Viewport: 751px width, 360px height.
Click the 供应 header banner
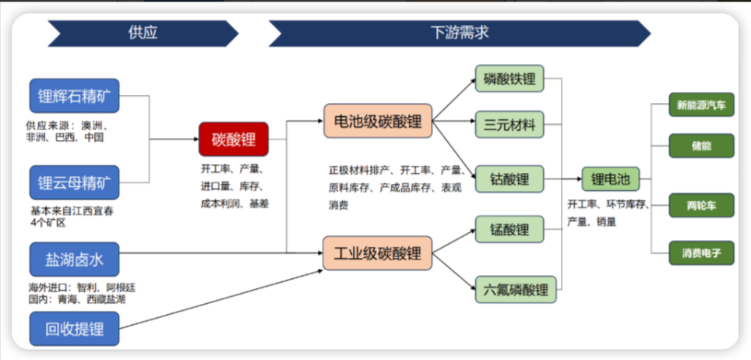tap(143, 33)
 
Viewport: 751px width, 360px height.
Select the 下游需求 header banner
tap(460, 33)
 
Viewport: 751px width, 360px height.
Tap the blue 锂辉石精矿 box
tap(75, 96)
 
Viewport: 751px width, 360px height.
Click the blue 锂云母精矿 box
tap(75, 183)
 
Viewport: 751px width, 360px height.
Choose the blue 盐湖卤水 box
tap(75, 259)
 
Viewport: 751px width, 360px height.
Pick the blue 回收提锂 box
tap(75, 328)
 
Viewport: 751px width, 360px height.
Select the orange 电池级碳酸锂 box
tap(377, 122)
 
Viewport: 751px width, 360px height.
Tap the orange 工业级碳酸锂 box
tap(377, 253)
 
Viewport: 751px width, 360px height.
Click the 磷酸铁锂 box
tap(509, 79)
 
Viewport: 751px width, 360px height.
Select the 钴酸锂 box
tap(509, 180)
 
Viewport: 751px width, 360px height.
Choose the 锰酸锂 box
tap(509, 230)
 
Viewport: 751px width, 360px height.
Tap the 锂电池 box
tap(610, 180)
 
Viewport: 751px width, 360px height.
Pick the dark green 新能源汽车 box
tap(701, 104)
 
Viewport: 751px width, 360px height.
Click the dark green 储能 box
tap(701, 145)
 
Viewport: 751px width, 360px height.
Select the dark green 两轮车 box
tap(701, 205)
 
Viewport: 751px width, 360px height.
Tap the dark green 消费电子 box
tap(701, 252)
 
